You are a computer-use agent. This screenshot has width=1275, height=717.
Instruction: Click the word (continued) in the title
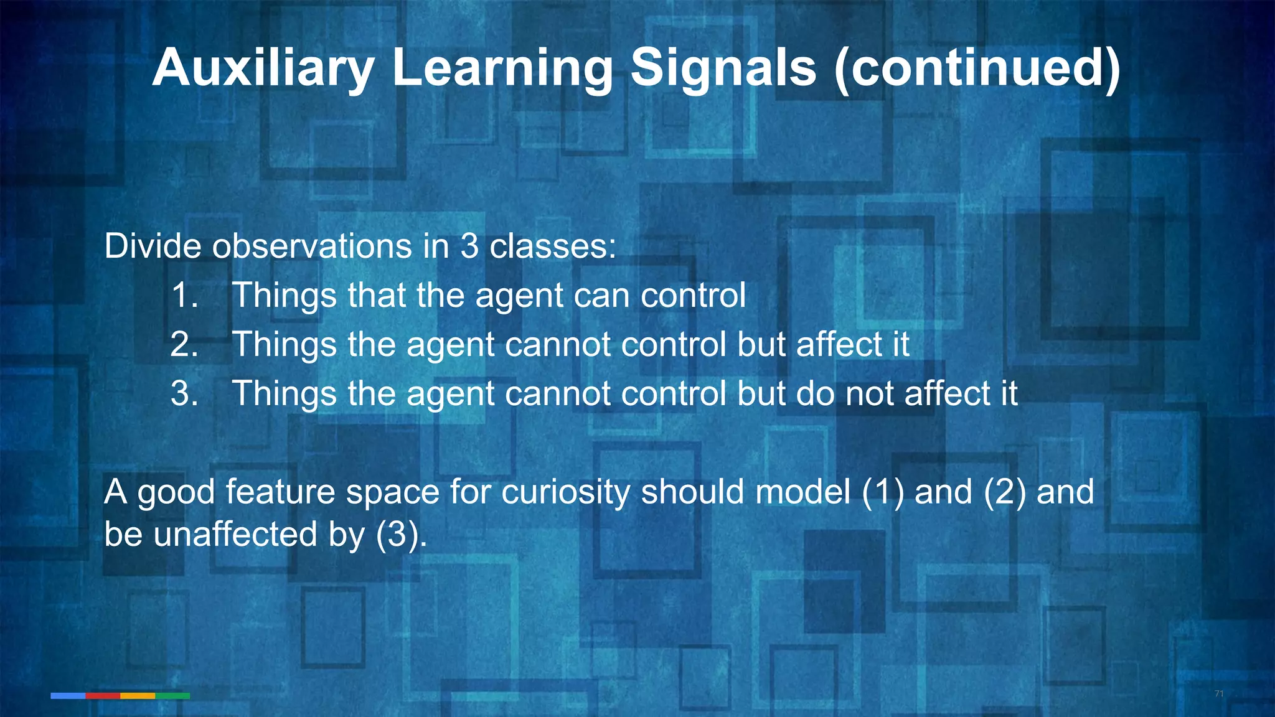pos(977,68)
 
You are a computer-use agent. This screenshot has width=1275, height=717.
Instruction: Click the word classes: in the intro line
pos(553,246)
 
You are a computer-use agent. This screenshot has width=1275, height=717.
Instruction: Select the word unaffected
pos(235,534)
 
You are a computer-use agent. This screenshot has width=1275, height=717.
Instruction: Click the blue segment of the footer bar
pos(68,696)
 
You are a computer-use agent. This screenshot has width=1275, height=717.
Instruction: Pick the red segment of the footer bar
pos(103,696)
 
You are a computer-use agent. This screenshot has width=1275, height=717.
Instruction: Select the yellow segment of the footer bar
pos(138,696)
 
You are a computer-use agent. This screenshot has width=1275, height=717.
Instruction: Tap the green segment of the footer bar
pos(172,696)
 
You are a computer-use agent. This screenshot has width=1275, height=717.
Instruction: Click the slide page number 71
pos(1219,694)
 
